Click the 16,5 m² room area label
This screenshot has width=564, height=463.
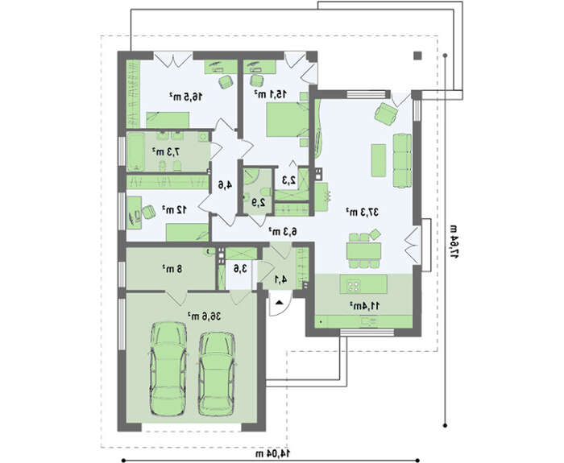click(185, 97)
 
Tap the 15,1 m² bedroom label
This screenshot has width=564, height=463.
click(271, 94)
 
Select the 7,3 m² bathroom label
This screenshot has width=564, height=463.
click(166, 151)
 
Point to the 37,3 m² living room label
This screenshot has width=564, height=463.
click(363, 212)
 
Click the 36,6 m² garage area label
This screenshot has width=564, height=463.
click(204, 316)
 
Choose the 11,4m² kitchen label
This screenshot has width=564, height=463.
click(364, 306)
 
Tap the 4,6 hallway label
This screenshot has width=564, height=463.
click(226, 184)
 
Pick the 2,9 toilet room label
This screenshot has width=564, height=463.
click(259, 202)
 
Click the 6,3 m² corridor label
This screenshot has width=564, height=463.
click(283, 232)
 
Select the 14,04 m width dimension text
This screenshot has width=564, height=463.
click(273, 453)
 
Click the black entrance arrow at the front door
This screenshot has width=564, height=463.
click(279, 303)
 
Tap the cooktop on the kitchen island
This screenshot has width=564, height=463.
click(353, 286)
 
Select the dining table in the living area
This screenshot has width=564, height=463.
click(363, 250)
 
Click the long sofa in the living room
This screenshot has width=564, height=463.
click(402, 160)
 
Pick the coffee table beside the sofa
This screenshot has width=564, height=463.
click(379, 160)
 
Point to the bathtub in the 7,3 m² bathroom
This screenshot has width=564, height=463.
click(135, 151)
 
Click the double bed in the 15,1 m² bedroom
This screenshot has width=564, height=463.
click(288, 120)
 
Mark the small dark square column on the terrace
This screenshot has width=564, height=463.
click(417, 56)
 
